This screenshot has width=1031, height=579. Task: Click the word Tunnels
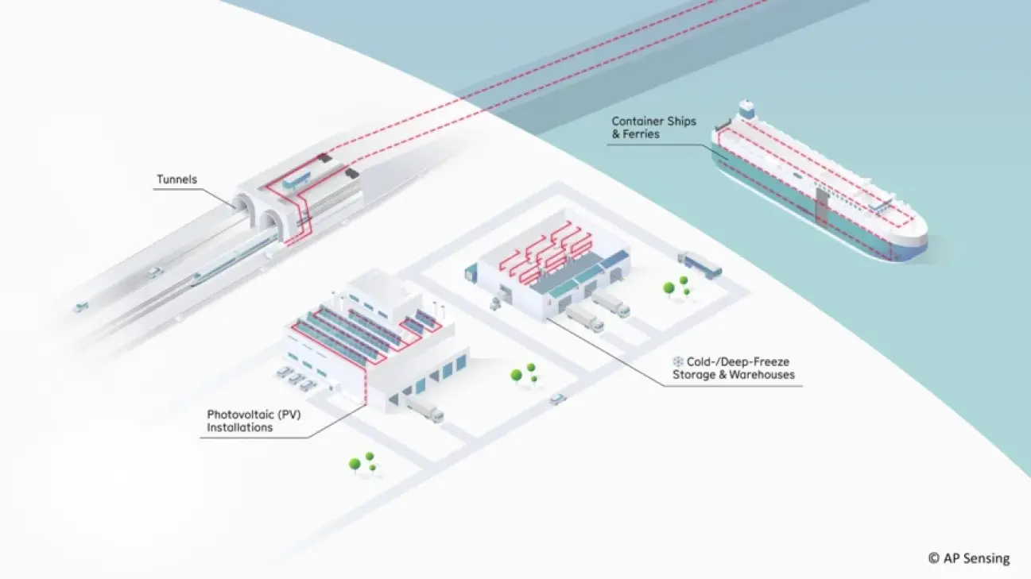coord(175,179)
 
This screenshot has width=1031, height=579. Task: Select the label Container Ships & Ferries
coord(653,127)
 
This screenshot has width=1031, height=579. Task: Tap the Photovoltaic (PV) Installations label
coord(239,421)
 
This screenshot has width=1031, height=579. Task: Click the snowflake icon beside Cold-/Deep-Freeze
coord(677,361)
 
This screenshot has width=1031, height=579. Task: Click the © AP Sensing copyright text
coord(968,558)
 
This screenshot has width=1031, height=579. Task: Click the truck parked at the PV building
coord(424,410)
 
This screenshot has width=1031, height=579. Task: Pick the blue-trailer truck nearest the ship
coord(700,264)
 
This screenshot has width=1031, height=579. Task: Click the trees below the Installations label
coord(362,464)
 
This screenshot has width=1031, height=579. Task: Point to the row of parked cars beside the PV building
coord(296,377)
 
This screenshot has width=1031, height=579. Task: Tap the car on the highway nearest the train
coord(153,272)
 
